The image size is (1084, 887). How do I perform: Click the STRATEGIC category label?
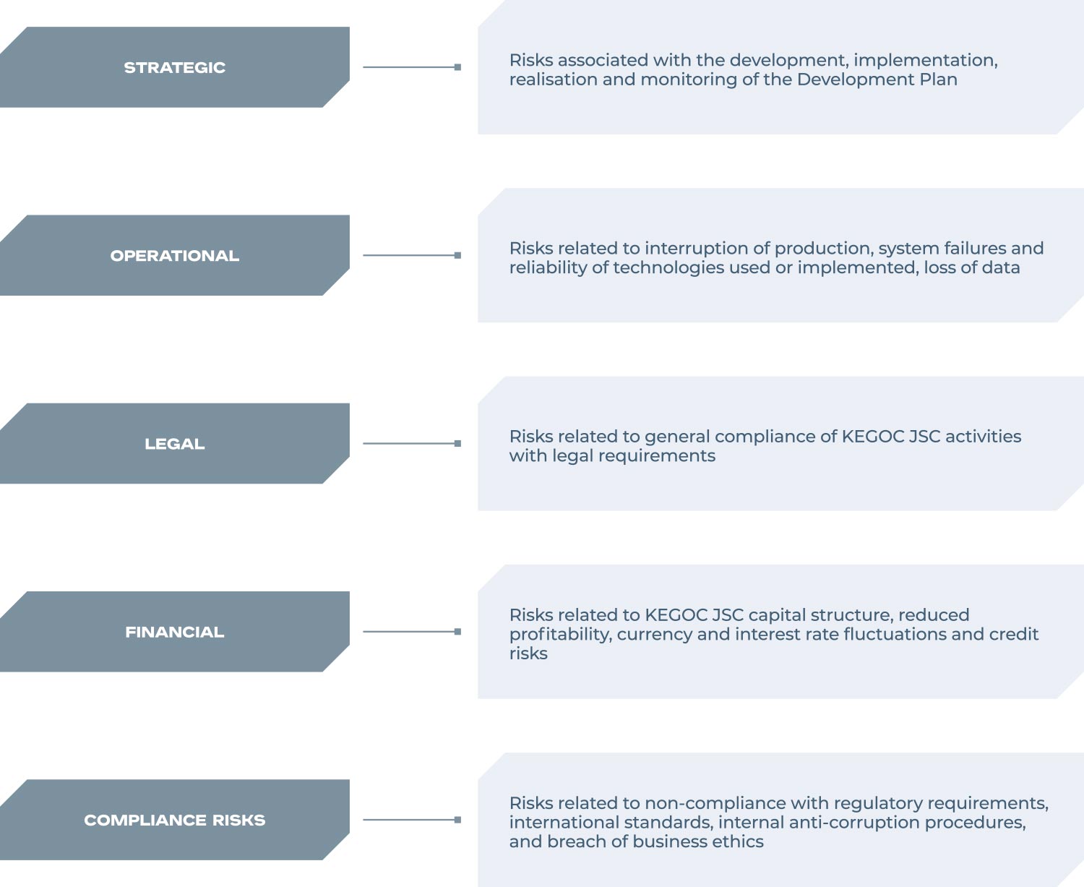[x=175, y=67]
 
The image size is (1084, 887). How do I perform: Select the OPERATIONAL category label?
[x=175, y=256]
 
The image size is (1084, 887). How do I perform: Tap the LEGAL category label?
[x=175, y=444]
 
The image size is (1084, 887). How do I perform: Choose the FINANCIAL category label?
[x=175, y=632]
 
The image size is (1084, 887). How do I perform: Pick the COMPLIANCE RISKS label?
[x=175, y=820]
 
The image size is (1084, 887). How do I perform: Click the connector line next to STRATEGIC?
[x=412, y=67]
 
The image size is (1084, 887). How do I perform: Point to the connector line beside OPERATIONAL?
[x=412, y=255]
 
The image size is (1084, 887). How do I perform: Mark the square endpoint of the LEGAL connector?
[x=457, y=443]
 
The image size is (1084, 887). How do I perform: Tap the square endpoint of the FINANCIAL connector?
[x=457, y=631]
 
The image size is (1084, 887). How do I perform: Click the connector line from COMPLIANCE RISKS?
[x=412, y=820]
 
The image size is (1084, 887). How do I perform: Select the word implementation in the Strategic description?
[x=925, y=61]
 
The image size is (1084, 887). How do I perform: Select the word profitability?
[x=560, y=635]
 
